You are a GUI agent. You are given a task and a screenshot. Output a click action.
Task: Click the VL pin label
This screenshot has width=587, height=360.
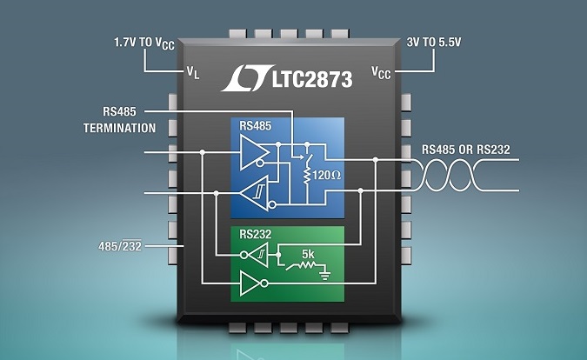point(192,73)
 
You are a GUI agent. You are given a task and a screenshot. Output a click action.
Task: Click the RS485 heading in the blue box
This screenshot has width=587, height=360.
point(256,127)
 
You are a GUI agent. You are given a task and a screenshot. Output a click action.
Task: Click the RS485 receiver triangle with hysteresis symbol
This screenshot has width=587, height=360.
point(257,193)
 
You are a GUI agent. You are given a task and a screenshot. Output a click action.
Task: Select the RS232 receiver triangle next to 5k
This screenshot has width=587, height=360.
point(257,255)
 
